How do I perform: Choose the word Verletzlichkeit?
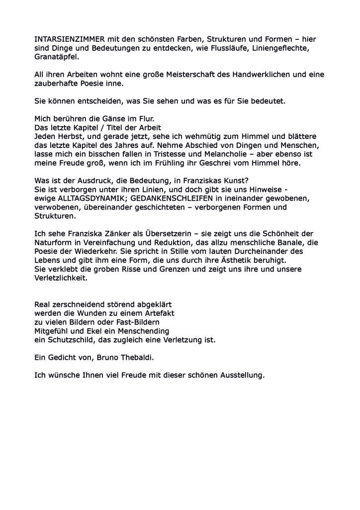click(61, 278)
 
